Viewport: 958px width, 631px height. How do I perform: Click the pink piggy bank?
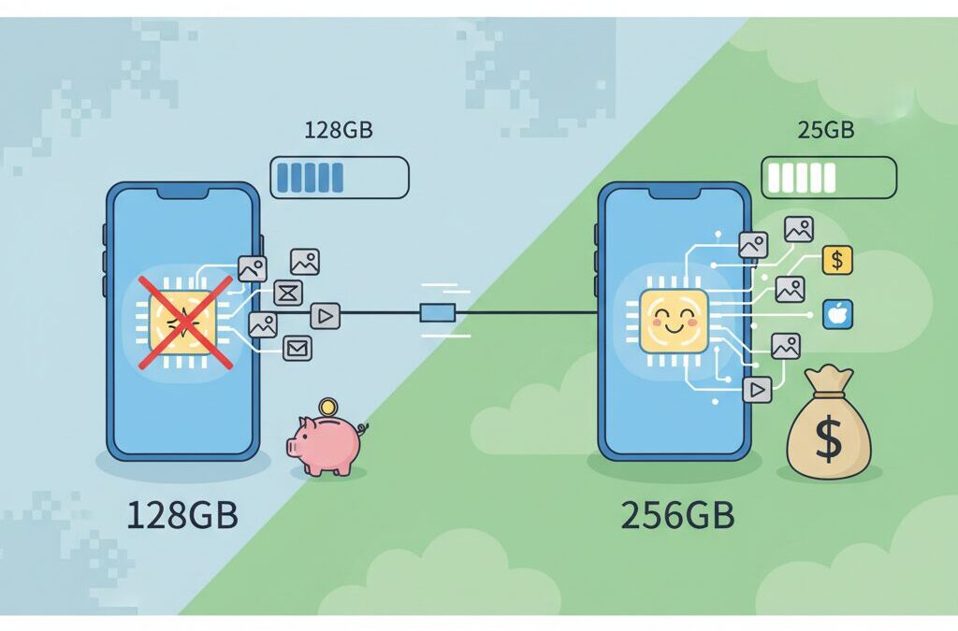click(x=325, y=444)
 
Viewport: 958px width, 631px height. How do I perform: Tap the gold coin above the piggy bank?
click(x=327, y=408)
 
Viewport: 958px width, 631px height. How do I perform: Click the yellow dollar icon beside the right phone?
click(x=836, y=261)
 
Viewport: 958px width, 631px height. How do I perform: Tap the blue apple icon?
click(x=836, y=314)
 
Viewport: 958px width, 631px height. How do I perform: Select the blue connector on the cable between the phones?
click(x=437, y=314)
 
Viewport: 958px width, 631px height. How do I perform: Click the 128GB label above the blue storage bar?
click(x=339, y=131)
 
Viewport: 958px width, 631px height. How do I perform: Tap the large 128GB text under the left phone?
click(x=182, y=515)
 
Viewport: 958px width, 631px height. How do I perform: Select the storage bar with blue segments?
click(x=340, y=177)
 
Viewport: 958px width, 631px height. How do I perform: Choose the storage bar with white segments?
click(x=829, y=177)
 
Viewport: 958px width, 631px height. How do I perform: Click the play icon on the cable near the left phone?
click(x=325, y=316)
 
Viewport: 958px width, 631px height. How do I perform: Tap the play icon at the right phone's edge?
click(x=758, y=388)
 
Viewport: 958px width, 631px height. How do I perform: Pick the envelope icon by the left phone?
click(x=298, y=349)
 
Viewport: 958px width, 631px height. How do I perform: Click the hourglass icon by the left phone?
click(x=288, y=294)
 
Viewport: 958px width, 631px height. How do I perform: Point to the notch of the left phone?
click(x=183, y=192)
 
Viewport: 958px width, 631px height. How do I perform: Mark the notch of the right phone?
click(x=675, y=192)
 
